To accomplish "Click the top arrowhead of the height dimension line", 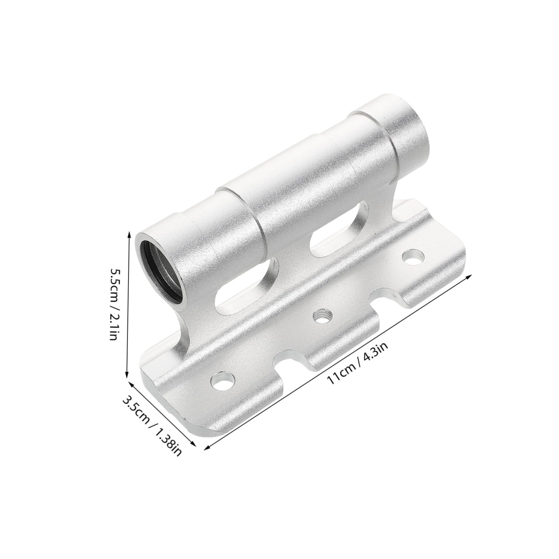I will click(129, 234).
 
